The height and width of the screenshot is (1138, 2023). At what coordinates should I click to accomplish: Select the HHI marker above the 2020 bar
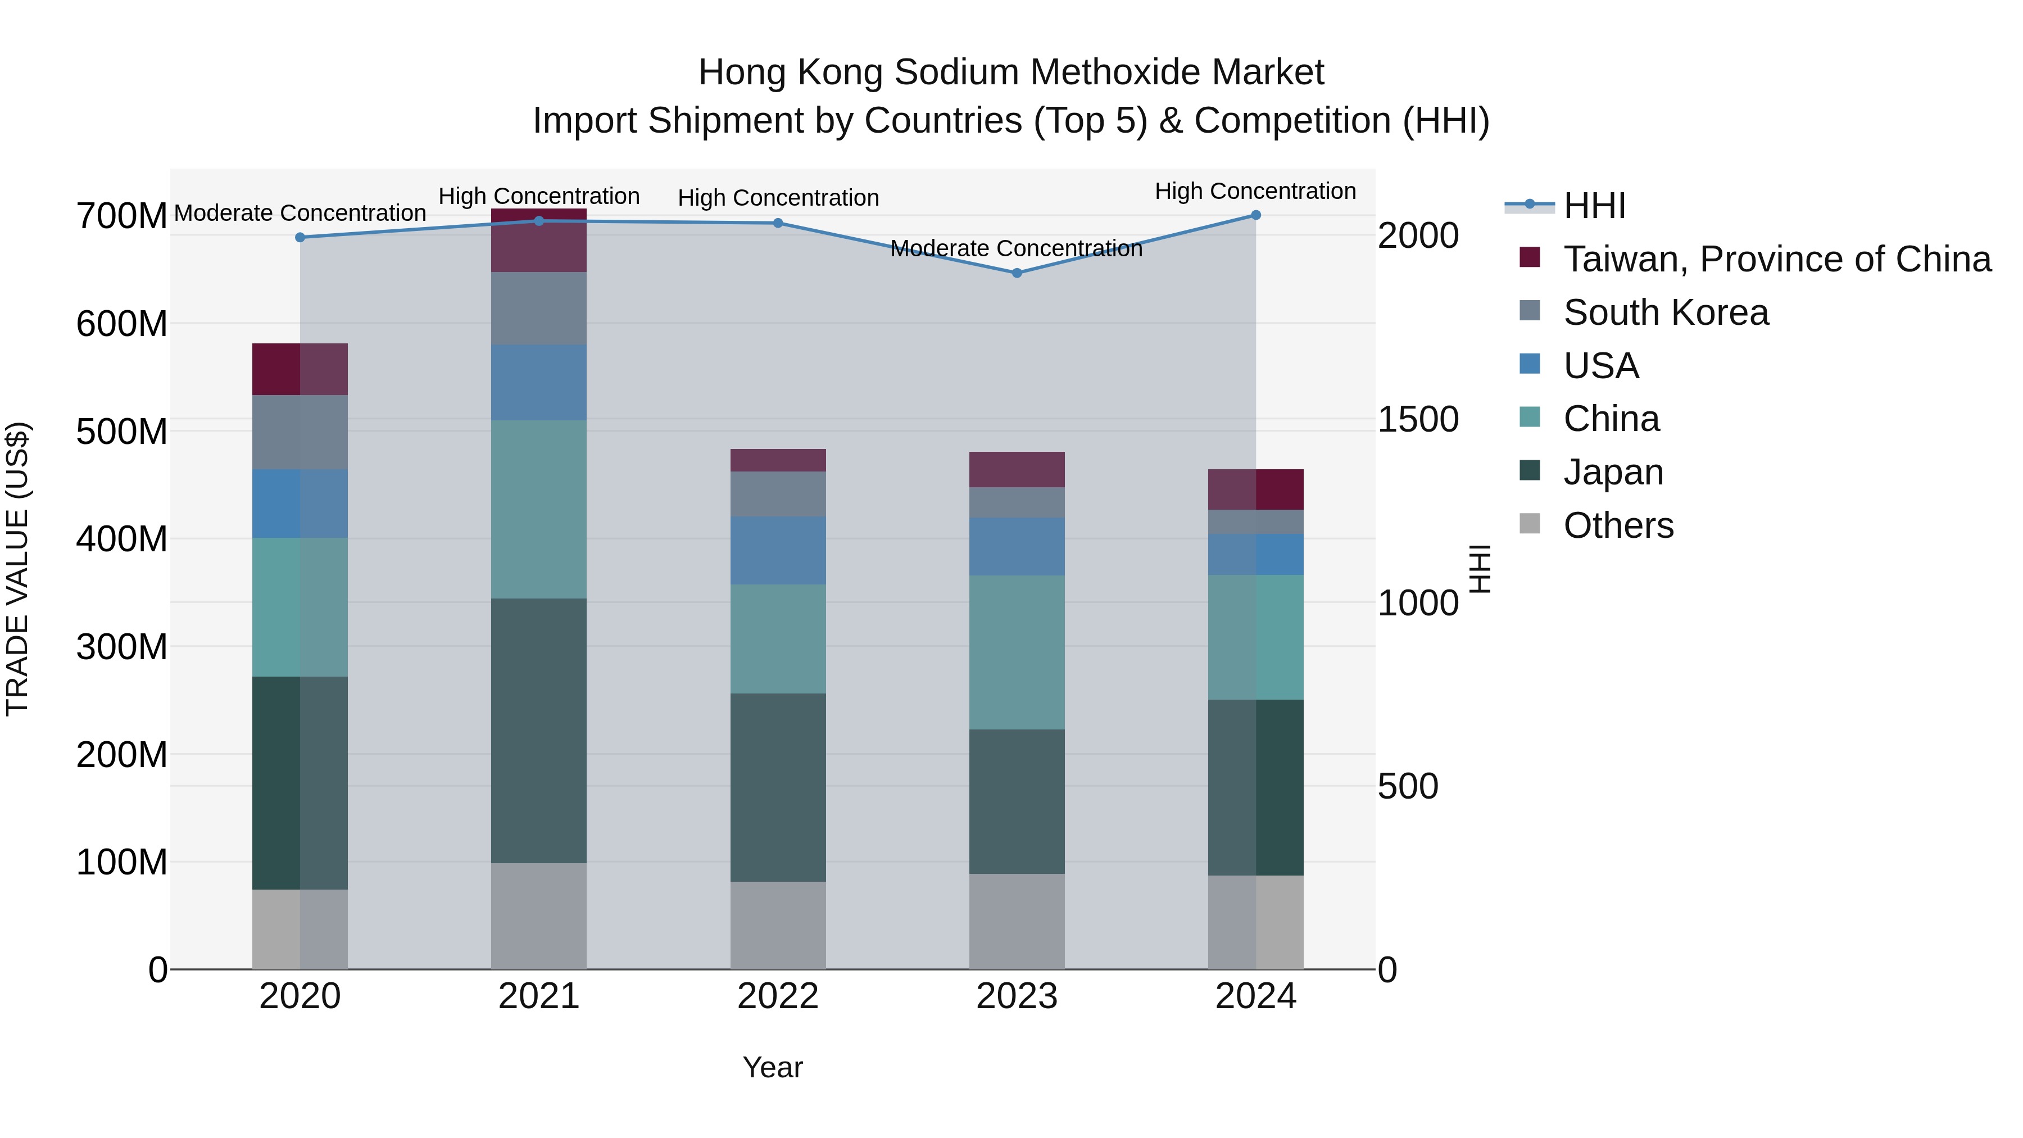(x=300, y=237)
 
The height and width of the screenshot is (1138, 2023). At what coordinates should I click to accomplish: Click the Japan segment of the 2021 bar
(x=539, y=731)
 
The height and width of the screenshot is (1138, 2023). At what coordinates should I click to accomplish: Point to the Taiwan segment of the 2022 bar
(x=778, y=460)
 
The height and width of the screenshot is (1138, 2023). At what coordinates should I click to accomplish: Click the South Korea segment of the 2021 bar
(x=539, y=308)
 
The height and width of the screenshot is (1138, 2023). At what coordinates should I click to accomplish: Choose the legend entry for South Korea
(x=1665, y=312)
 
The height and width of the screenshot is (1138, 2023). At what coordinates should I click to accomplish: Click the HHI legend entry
(x=1594, y=206)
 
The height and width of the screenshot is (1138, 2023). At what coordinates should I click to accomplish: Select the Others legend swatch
(x=1530, y=524)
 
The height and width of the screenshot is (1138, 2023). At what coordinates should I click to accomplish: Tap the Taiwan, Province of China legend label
(x=1776, y=259)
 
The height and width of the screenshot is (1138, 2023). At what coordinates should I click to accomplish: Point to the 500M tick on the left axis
(x=122, y=431)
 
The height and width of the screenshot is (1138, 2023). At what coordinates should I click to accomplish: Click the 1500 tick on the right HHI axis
(x=1418, y=419)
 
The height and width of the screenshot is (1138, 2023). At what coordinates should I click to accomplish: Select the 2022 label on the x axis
(x=778, y=996)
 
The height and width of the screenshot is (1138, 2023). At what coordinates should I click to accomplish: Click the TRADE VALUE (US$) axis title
(x=17, y=569)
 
